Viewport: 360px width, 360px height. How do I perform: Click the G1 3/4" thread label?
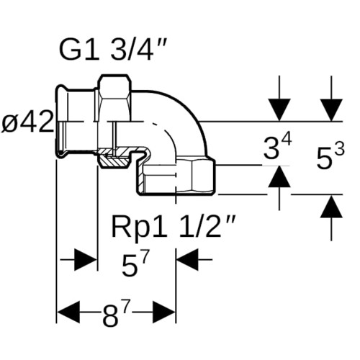click(113, 50)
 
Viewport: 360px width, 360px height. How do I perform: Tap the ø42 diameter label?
click(27, 123)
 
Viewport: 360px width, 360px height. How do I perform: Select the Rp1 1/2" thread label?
click(172, 227)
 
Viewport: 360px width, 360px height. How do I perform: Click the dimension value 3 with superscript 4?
click(277, 146)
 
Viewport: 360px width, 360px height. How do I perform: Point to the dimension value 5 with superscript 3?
click(330, 156)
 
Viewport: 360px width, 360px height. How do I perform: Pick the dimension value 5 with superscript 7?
click(135, 264)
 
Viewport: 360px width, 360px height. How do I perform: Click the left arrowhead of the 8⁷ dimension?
click(68, 312)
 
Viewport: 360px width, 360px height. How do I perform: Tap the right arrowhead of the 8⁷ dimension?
click(163, 312)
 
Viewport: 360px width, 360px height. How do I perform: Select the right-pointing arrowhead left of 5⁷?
click(86, 259)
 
